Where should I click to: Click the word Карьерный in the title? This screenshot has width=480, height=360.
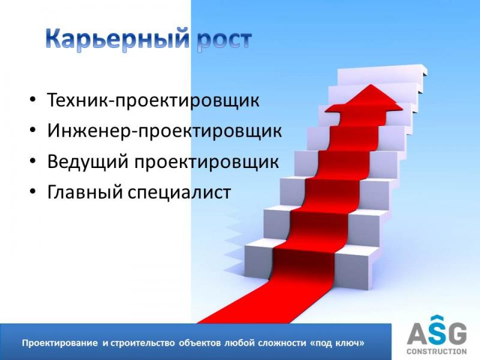(118, 40)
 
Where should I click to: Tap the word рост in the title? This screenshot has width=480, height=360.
(224, 41)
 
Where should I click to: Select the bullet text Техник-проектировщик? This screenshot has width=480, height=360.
(154, 100)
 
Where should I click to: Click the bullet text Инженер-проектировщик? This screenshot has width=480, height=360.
(164, 131)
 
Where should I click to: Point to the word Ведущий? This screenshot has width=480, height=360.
(88, 161)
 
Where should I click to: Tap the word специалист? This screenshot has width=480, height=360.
(179, 193)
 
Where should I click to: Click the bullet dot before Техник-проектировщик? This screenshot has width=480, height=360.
(33, 100)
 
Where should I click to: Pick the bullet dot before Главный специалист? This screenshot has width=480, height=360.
(33, 191)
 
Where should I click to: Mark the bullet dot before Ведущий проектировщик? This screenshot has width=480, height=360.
(33, 161)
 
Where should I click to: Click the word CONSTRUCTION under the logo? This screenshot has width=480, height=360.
(437, 351)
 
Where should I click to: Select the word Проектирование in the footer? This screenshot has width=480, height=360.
(59, 343)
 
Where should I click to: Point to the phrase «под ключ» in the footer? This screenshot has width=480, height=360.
(338, 343)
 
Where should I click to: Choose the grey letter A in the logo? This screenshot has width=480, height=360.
(418, 334)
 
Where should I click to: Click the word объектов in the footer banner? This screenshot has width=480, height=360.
(200, 343)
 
